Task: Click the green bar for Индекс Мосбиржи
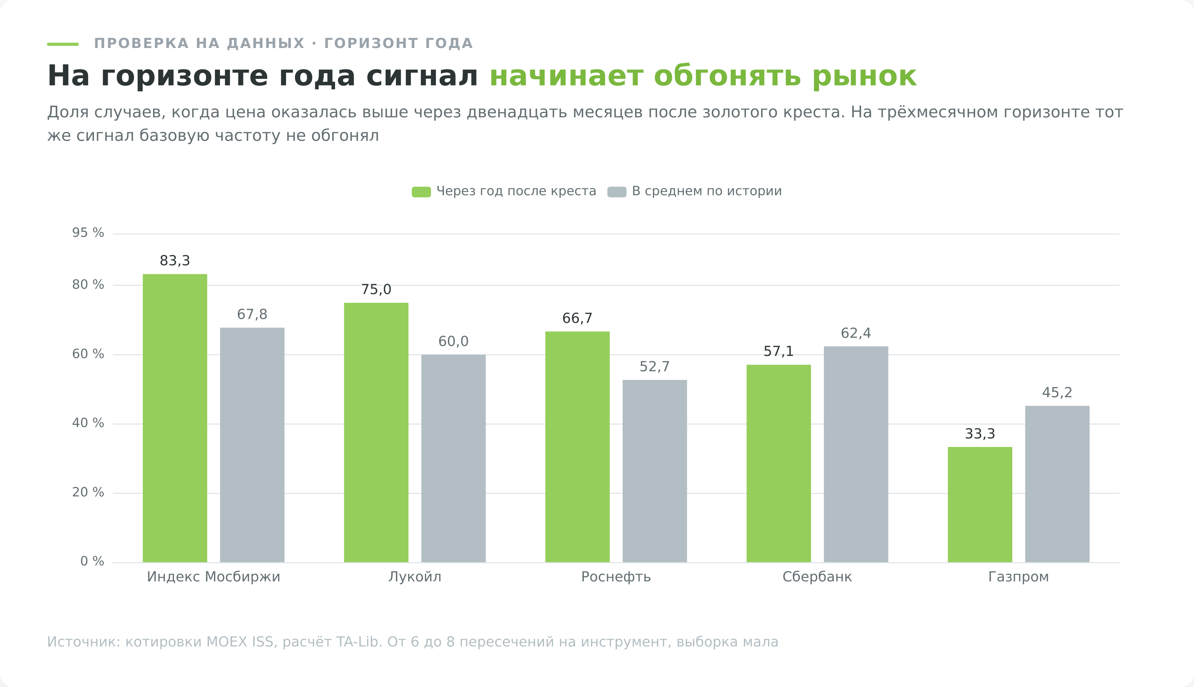[175, 418]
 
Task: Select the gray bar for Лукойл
[453, 459]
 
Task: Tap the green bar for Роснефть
[577, 447]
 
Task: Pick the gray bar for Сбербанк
[856, 454]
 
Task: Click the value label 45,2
[1057, 393]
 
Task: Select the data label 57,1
[779, 352]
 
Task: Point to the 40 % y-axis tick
[88, 423]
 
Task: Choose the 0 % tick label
[92, 561]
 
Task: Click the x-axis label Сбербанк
[817, 577]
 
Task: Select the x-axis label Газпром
[1019, 577]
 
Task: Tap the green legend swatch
[421, 192]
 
